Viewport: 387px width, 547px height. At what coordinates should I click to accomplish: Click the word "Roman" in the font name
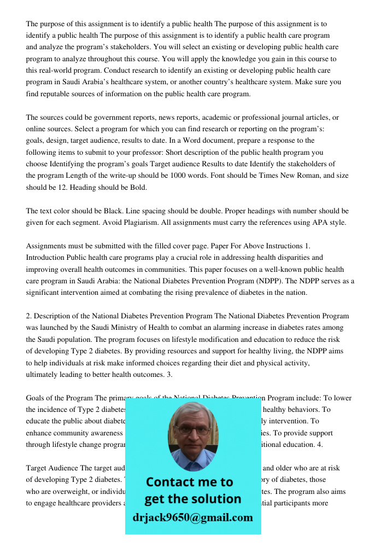coord(298,176)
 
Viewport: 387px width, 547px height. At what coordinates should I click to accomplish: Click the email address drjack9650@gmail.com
coord(193,517)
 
